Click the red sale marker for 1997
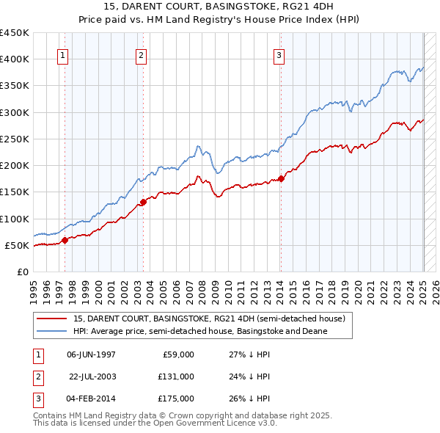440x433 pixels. click(x=65, y=240)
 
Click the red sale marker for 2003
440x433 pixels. click(x=143, y=203)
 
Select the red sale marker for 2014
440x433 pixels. click(x=281, y=179)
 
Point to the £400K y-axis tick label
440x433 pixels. click(x=14, y=59)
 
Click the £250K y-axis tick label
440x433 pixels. click(x=14, y=139)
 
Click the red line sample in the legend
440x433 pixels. click(x=51, y=319)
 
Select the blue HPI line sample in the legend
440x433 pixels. click(x=51, y=331)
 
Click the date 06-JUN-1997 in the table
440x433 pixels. click(x=91, y=354)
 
